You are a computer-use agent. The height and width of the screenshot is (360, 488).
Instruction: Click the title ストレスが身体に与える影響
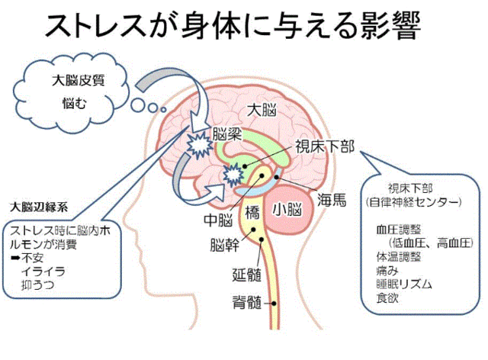(233, 26)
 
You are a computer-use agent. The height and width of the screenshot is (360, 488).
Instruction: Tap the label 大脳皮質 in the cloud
(79, 80)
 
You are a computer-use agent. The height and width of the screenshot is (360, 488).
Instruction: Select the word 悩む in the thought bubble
(74, 103)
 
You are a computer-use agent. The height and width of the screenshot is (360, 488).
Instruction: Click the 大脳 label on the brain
(262, 110)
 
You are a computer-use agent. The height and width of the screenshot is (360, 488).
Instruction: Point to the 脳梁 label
(227, 134)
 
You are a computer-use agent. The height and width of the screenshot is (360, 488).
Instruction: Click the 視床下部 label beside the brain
(325, 146)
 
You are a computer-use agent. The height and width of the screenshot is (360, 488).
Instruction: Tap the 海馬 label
(332, 200)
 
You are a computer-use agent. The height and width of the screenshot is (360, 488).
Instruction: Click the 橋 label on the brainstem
(252, 213)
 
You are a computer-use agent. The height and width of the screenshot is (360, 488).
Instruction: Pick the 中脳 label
(218, 220)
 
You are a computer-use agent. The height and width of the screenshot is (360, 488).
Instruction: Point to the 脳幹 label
(225, 245)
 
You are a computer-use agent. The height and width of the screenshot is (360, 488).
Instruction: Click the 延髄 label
(247, 275)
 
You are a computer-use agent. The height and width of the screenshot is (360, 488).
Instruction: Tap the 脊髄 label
(247, 302)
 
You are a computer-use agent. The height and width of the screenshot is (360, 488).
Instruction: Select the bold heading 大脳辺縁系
(39, 207)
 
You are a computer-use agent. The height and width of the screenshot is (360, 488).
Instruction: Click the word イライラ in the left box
(43, 272)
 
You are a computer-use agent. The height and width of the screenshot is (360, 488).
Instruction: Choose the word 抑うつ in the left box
(37, 285)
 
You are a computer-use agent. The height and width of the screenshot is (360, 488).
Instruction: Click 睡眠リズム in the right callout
(404, 284)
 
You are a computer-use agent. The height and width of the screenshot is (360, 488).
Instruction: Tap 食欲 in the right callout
(387, 298)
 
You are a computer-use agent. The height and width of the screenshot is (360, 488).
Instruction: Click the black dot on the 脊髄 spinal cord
(274, 303)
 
